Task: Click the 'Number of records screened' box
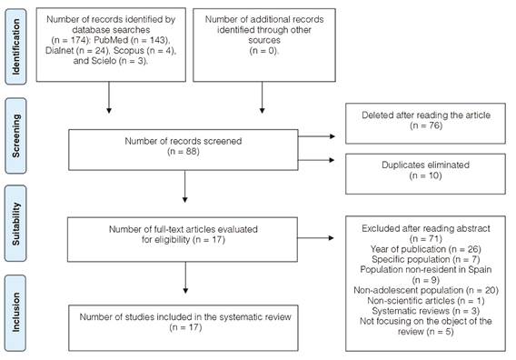(185, 149)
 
